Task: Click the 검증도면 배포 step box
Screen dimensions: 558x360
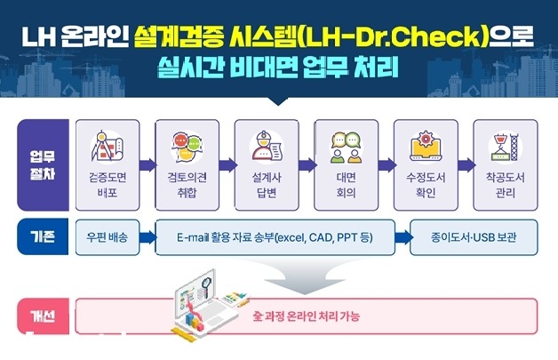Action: click(108, 164)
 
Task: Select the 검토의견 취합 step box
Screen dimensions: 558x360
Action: click(187, 164)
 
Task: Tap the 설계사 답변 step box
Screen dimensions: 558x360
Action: click(267, 164)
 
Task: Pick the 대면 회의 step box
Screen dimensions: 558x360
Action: click(347, 164)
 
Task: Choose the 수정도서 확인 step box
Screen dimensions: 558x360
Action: click(426, 164)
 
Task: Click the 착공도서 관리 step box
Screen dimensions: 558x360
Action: click(506, 164)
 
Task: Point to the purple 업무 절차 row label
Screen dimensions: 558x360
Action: click(43, 164)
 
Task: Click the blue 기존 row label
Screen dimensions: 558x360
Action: click(43, 237)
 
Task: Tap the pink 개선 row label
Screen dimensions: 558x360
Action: click(43, 316)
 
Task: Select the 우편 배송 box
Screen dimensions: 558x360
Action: click(108, 237)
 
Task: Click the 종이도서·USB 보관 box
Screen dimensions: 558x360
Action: click(474, 237)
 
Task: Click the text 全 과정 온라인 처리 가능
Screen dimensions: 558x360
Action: click(306, 316)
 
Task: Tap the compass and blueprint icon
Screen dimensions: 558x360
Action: click(108, 147)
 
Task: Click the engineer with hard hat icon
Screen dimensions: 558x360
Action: click(267, 146)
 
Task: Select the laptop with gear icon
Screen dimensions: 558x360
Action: click(426, 146)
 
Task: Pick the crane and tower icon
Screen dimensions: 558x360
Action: click(506, 146)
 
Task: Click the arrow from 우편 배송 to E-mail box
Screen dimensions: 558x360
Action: click(147, 237)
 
